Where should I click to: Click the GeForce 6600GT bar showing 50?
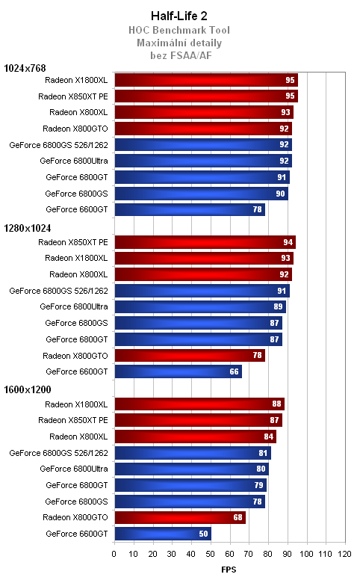click(162, 534)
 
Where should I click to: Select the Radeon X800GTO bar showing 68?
click(179, 517)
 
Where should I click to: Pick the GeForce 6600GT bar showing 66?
click(178, 371)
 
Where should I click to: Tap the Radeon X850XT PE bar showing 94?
click(205, 242)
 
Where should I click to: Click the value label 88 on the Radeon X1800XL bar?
click(277, 404)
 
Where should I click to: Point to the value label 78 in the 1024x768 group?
click(258, 210)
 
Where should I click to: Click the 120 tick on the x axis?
click(344, 554)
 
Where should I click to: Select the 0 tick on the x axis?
click(114, 554)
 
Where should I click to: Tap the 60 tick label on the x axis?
click(229, 554)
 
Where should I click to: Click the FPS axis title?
click(229, 570)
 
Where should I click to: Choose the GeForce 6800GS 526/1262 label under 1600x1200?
click(58, 453)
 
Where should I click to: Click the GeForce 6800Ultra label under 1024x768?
click(74, 161)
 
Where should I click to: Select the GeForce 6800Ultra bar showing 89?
click(199, 306)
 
